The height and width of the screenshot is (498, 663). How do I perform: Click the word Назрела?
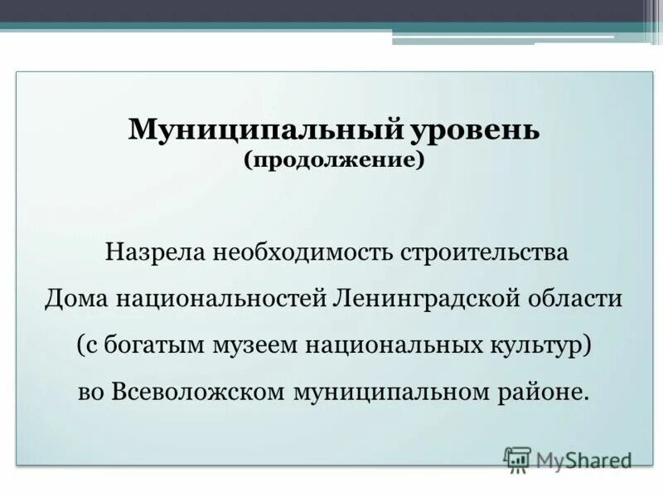[156, 251]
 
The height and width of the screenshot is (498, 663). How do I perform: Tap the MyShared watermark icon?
[517, 459]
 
